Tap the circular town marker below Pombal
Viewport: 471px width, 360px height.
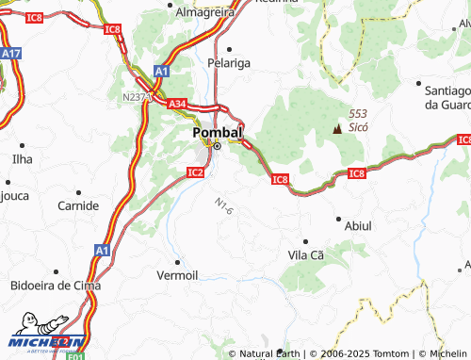(217, 146)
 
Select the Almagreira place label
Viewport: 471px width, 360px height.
(204, 12)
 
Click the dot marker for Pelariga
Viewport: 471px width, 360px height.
(229, 47)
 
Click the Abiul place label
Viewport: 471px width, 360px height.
(359, 226)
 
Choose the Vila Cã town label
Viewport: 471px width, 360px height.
(305, 255)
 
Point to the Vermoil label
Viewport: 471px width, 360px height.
(177, 274)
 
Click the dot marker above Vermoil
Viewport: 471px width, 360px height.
(176, 261)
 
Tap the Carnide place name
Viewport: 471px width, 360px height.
(77, 205)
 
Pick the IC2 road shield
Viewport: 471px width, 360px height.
(195, 172)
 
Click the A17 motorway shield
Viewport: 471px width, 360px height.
(10, 55)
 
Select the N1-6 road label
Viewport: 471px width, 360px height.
(222, 205)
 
